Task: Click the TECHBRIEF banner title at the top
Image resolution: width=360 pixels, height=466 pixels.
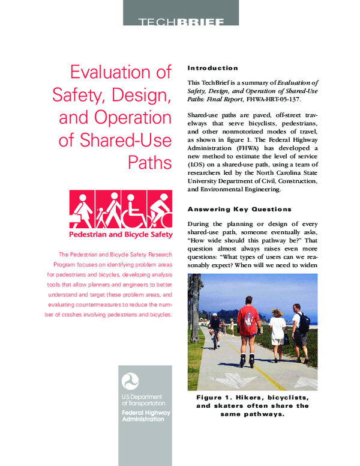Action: (x=181, y=23)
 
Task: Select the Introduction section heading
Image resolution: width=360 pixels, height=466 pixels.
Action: (x=212, y=68)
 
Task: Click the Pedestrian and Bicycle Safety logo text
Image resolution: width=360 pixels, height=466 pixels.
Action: (x=121, y=234)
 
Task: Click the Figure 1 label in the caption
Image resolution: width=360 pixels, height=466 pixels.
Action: (x=216, y=398)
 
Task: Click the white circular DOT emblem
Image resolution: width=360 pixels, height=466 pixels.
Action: (x=130, y=381)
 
